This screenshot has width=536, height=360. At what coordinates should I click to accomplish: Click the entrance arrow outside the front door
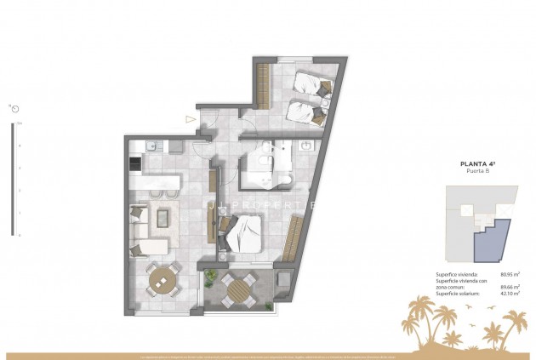click(190, 119)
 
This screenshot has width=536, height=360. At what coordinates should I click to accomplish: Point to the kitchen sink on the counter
click(151, 146)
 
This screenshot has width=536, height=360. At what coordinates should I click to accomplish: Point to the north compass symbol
click(14, 108)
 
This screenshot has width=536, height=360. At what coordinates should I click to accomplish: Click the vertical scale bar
click(12, 179)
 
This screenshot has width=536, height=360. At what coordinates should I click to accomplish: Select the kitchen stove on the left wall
click(135, 162)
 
